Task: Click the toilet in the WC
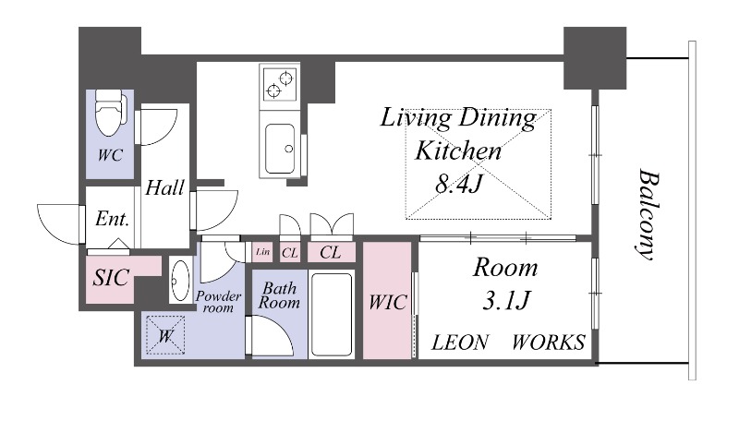click(x=111, y=113)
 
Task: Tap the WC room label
click(x=110, y=155)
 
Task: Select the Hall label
click(x=164, y=188)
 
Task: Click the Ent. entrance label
click(x=112, y=219)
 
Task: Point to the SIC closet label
click(x=111, y=277)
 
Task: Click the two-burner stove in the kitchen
click(x=280, y=83)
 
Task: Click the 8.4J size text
click(x=458, y=183)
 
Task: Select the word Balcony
click(x=648, y=214)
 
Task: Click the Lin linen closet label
click(x=263, y=252)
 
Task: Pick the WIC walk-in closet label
click(x=387, y=302)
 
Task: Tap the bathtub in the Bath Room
click(x=332, y=315)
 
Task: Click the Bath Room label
click(x=279, y=295)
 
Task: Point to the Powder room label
click(x=218, y=301)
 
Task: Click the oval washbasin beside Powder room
click(x=180, y=280)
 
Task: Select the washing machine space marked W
click(x=165, y=335)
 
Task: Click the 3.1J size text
click(x=506, y=299)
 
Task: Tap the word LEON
click(x=460, y=343)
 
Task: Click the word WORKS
click(x=549, y=343)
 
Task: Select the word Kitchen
click(x=457, y=150)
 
